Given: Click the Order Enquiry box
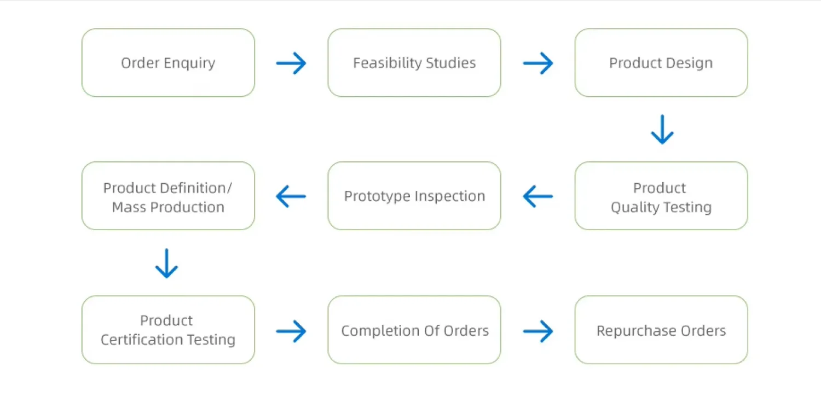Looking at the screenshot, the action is click(x=168, y=63).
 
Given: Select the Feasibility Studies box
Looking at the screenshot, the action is click(x=414, y=63).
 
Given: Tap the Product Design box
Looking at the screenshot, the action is click(x=661, y=63).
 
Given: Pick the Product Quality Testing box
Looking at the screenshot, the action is click(x=661, y=196).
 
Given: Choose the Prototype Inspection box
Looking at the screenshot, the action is click(x=414, y=196).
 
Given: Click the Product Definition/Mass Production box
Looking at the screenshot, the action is click(x=168, y=196).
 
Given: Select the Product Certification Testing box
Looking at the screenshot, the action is click(x=168, y=330).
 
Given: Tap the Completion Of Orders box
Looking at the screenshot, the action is click(x=414, y=330).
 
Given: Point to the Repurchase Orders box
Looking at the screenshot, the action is click(x=661, y=330).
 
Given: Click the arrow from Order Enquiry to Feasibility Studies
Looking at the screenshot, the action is click(x=291, y=63).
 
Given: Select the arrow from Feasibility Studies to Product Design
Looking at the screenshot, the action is click(x=537, y=63).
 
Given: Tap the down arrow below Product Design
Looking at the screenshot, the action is click(x=662, y=129).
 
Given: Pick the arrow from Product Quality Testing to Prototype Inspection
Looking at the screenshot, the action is click(x=537, y=196).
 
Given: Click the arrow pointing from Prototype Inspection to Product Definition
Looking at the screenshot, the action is click(x=291, y=196).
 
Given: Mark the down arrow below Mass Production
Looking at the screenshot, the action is click(x=167, y=264).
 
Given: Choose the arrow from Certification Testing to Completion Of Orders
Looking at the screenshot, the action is click(x=291, y=331).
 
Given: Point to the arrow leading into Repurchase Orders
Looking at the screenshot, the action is click(x=537, y=331).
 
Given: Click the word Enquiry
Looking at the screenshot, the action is click(x=189, y=63).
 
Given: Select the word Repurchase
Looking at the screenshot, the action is click(x=636, y=331).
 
